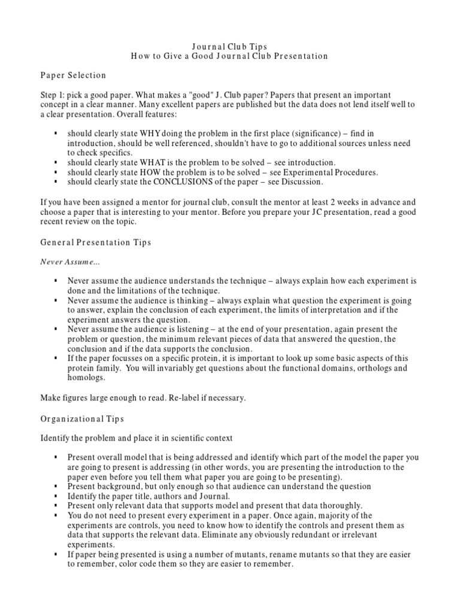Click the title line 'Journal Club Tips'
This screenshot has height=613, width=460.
[x=229, y=46]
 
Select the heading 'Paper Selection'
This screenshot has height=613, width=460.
[x=73, y=75]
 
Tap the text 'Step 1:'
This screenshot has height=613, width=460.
[x=53, y=95]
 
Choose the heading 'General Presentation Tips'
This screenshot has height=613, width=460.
[x=96, y=242]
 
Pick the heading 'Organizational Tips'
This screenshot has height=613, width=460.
[x=82, y=419]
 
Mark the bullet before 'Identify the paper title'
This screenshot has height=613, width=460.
[x=56, y=496]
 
